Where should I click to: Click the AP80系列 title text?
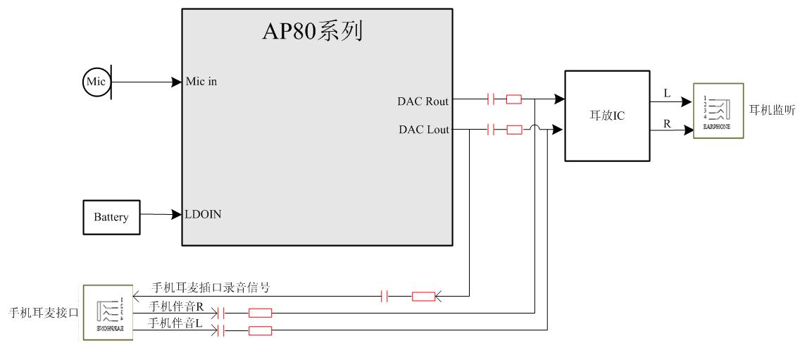click(x=314, y=31)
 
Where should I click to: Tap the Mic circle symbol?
click(x=96, y=82)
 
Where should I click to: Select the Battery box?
click(x=111, y=217)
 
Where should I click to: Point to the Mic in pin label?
click(x=202, y=82)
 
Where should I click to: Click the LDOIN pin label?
click(x=204, y=215)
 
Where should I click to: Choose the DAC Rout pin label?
click(x=423, y=101)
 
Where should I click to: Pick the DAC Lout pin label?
click(x=424, y=129)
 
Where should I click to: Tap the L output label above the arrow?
click(x=668, y=93)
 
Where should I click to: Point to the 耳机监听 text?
click(x=772, y=110)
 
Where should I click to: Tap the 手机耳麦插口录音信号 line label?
click(x=211, y=287)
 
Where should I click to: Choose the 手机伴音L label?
click(x=175, y=323)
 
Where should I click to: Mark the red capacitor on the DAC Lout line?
click(x=492, y=129)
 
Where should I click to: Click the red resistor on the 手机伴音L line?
click(x=261, y=330)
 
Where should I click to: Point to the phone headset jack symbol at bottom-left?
click(x=108, y=313)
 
